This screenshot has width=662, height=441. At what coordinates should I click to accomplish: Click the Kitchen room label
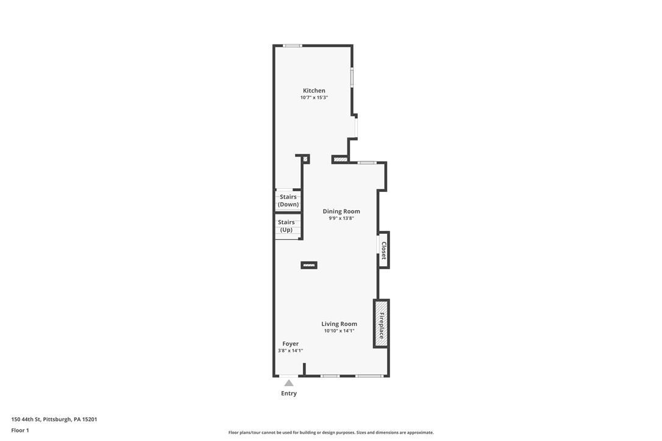pyautogui.click(x=314, y=90)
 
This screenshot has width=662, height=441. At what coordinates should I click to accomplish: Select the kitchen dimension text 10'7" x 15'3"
pyautogui.click(x=314, y=97)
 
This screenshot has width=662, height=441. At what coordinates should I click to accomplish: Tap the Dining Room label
pyautogui.click(x=341, y=211)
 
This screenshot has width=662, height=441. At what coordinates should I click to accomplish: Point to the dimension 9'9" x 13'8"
pyautogui.click(x=341, y=218)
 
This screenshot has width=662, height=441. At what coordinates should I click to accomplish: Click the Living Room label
pyautogui.click(x=339, y=324)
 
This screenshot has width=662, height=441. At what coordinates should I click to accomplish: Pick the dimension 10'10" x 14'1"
pyautogui.click(x=339, y=331)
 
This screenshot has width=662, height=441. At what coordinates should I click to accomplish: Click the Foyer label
pyautogui.click(x=291, y=344)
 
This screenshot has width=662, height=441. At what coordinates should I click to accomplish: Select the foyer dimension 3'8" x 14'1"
pyautogui.click(x=291, y=351)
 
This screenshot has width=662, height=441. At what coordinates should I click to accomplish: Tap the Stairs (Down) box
pyautogui.click(x=288, y=200)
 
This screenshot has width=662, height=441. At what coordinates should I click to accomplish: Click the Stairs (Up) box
pyautogui.click(x=288, y=226)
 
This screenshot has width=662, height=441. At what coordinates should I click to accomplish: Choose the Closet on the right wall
pyautogui.click(x=383, y=250)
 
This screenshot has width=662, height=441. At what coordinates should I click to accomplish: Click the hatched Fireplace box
pyautogui.click(x=381, y=323)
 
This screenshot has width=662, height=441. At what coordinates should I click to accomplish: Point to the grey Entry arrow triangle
pyautogui.click(x=289, y=383)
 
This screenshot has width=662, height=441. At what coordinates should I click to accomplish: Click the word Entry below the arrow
pyautogui.click(x=289, y=393)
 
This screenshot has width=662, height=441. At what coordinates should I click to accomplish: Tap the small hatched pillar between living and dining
pyautogui.click(x=309, y=266)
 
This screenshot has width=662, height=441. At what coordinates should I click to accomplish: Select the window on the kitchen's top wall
pyautogui.click(x=292, y=46)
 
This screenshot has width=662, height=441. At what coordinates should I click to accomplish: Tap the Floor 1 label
pyautogui.click(x=20, y=431)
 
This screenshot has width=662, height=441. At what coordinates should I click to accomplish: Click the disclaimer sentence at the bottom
pyautogui.click(x=331, y=432)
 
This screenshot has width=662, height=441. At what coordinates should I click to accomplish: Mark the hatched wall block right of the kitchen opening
pyautogui.click(x=340, y=160)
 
